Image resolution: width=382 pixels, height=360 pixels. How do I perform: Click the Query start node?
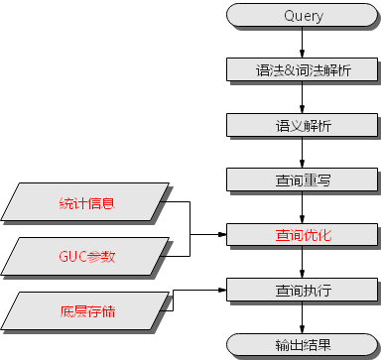pos(303,16)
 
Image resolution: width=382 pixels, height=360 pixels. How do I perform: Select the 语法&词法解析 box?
pos(303,70)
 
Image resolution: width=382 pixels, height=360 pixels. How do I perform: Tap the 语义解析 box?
pos(303,126)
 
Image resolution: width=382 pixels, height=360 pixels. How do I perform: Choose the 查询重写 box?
pos(303,180)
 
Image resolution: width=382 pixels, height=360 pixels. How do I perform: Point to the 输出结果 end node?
pos(303,345)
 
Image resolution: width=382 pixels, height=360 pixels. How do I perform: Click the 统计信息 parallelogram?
pos(87,204)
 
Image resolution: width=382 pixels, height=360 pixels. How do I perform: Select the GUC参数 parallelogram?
pos(87,257)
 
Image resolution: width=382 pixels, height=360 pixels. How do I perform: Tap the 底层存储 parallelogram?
pos(87,311)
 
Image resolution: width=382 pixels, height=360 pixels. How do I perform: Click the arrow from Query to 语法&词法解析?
pos(303,44)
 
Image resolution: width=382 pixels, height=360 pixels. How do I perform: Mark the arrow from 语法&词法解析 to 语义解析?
pos(303,98)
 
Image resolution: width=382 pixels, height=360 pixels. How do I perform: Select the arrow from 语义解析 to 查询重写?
pos(303,154)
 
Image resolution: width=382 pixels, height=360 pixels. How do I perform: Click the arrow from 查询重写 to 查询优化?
pos(303,208)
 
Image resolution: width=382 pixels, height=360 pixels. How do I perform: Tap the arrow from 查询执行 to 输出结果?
pos(303,318)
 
